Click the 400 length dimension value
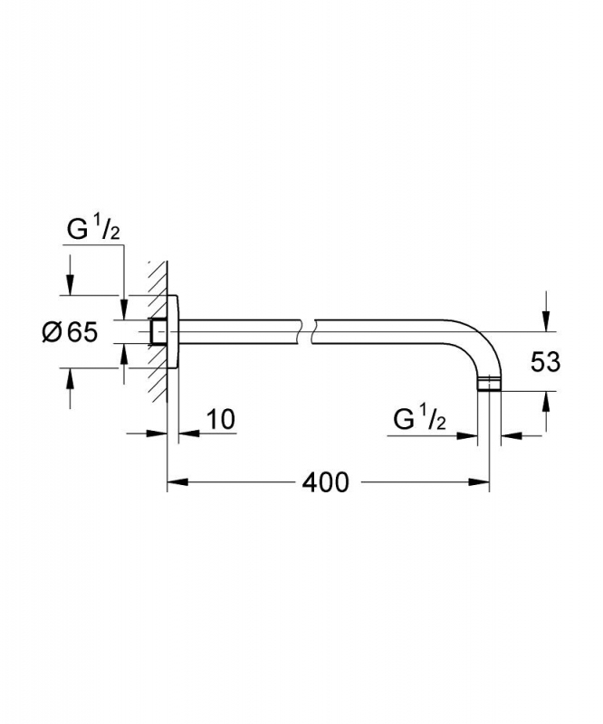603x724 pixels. pyautogui.click(x=325, y=483)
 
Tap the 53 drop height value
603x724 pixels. pyautogui.click(x=545, y=361)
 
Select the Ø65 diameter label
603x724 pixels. pyautogui.click(x=70, y=331)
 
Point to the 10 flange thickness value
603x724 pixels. pyautogui.click(x=220, y=419)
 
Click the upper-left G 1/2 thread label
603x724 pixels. pyautogui.click(x=93, y=229)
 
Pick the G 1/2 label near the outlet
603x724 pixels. pyautogui.click(x=419, y=419)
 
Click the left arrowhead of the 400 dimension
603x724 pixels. pyautogui.click(x=177, y=482)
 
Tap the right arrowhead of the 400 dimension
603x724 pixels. pyautogui.click(x=479, y=482)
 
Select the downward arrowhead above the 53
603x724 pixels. pyautogui.click(x=547, y=321)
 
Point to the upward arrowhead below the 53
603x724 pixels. pyautogui.click(x=547, y=402)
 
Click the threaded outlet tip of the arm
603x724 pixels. pyautogui.click(x=488, y=385)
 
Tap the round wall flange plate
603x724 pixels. pyautogui.click(x=172, y=331)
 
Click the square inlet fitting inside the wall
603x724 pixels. pyautogui.click(x=158, y=331)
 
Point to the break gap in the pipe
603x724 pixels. pyautogui.click(x=307, y=331)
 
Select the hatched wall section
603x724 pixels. pyautogui.click(x=158, y=331)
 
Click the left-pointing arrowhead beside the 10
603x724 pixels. pyautogui.click(x=189, y=433)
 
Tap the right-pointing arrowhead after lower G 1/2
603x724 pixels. pyautogui.click(x=466, y=435)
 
